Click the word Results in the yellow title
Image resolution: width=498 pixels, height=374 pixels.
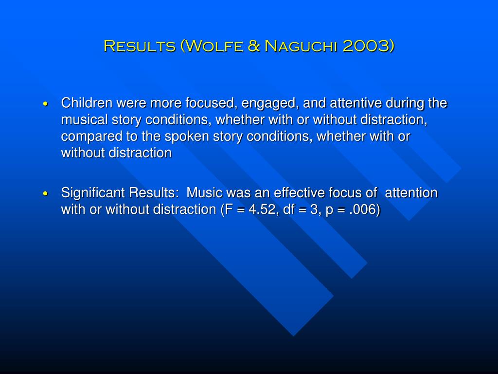pos(140,46)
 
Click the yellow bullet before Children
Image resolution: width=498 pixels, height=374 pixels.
pos(46,104)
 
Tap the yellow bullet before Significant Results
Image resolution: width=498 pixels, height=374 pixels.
pos(46,194)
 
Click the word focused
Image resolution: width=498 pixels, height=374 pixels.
pos(212,103)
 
